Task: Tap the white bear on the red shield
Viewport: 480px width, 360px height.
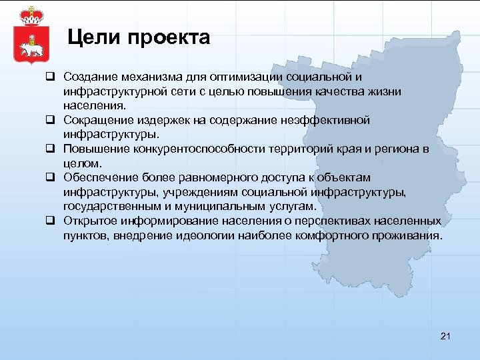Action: [x=28, y=48]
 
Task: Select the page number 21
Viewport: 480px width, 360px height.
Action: [x=446, y=336]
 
